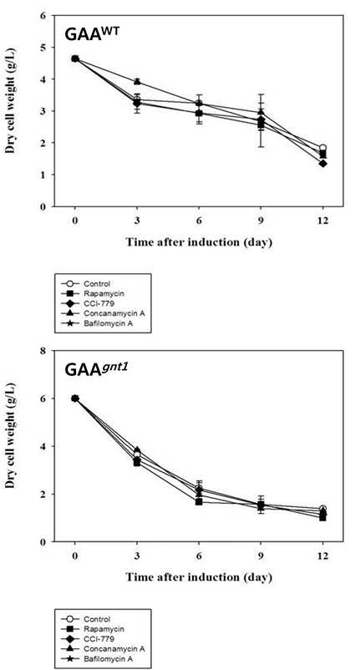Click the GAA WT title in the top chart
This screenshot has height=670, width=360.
pyautogui.click(x=92, y=33)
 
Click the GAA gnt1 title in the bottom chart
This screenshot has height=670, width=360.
pyautogui.click(x=97, y=369)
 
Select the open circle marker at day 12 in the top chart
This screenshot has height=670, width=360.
pyautogui.click(x=323, y=148)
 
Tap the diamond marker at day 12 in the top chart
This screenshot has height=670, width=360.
pyautogui.click(x=323, y=163)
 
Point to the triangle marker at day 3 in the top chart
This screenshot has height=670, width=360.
pyautogui.click(x=137, y=81)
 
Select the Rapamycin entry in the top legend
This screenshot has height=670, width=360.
pyautogui.click(x=97, y=294)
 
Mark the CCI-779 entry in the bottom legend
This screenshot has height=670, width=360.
pyautogui.click(x=94, y=639)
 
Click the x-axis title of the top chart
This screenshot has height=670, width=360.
pyautogui.click(x=199, y=241)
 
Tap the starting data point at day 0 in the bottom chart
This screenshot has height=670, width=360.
pyautogui.click(x=75, y=398)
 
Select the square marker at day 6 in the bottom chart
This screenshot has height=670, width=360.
pyautogui.click(x=199, y=501)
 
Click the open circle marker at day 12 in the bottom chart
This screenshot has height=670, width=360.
pyautogui.click(x=323, y=509)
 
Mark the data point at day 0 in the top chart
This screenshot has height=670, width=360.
pyautogui.click(x=75, y=58)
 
